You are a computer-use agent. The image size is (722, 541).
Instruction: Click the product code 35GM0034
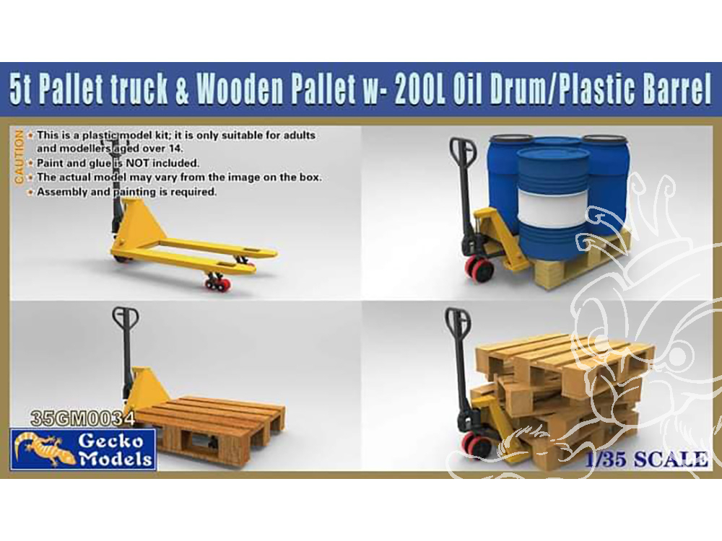tap(82, 418)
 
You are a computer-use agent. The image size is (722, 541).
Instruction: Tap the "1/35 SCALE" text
tap(646, 459)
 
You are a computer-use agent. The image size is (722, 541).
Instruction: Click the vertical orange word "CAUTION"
tap(19, 157)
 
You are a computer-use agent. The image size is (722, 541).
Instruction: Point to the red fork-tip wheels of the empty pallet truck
tap(219, 283)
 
